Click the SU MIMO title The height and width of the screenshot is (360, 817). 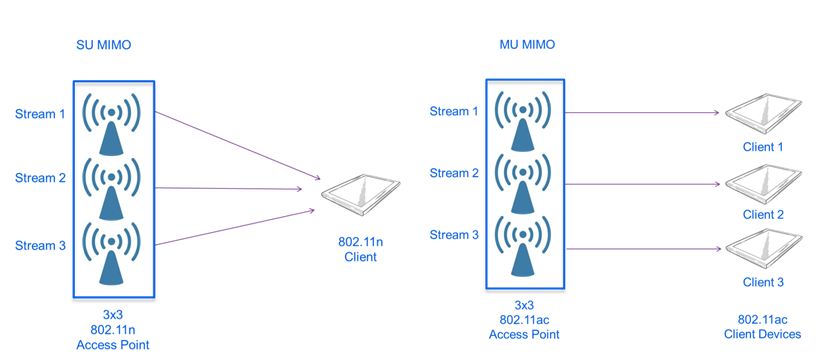105,46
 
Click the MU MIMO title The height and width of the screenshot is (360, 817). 527,46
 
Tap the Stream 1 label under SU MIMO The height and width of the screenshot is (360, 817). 39,114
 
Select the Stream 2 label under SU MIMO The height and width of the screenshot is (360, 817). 39,178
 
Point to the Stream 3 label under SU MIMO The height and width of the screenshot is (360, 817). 39,242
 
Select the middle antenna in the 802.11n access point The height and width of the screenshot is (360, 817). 113,185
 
